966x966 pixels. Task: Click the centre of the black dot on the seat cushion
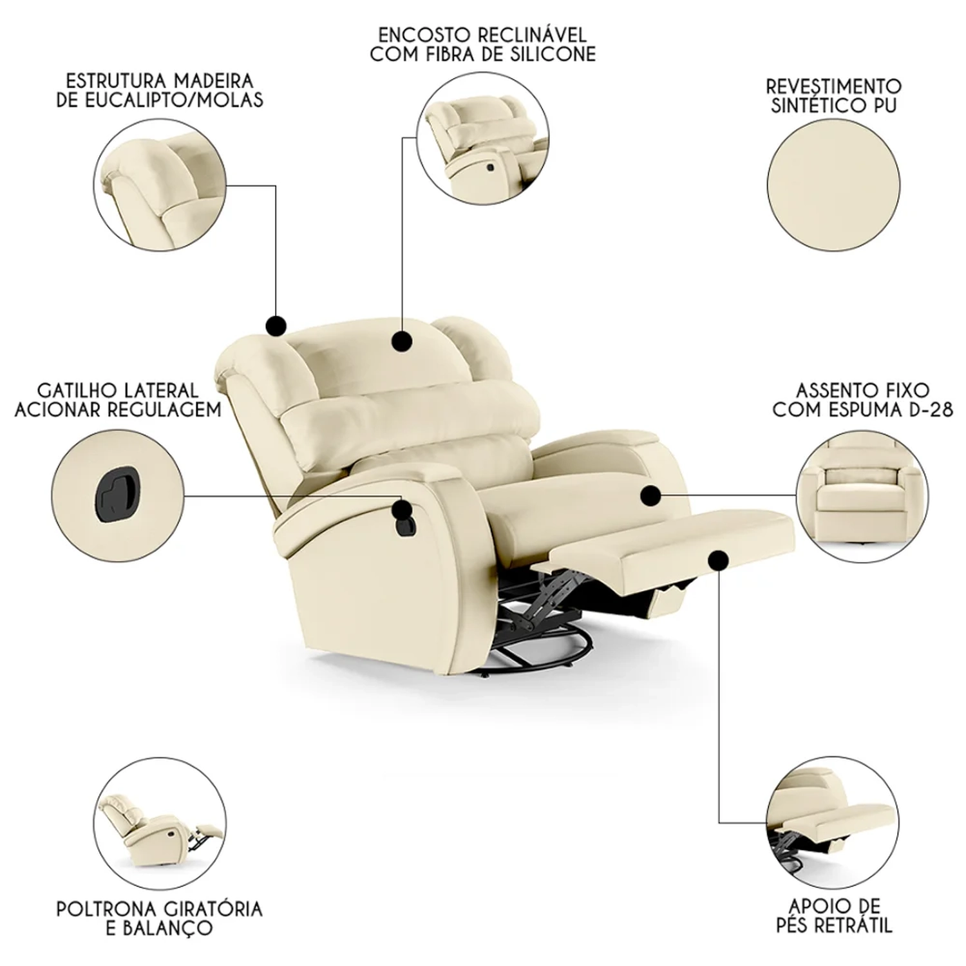tap(651, 495)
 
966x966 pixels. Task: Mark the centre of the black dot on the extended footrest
tap(719, 560)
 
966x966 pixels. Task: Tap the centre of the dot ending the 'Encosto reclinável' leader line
tap(402, 341)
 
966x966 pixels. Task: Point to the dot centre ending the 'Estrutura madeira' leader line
tap(276, 325)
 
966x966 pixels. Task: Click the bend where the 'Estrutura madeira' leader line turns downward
tap(276, 186)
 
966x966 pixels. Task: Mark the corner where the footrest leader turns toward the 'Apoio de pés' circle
tap(719, 823)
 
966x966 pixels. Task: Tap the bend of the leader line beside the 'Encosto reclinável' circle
tap(402, 137)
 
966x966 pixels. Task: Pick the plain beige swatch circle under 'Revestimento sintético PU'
tap(833, 185)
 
